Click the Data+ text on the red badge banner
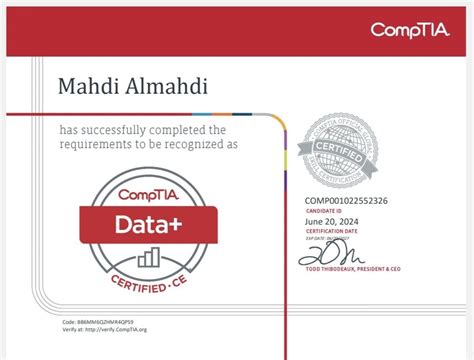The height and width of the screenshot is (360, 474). (x=151, y=221)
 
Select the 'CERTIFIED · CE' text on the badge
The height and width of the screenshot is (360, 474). (x=151, y=283)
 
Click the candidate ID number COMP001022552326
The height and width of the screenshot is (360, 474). (x=347, y=201)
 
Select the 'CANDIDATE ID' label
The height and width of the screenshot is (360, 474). (x=324, y=211)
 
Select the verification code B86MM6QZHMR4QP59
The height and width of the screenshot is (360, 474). (x=111, y=322)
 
